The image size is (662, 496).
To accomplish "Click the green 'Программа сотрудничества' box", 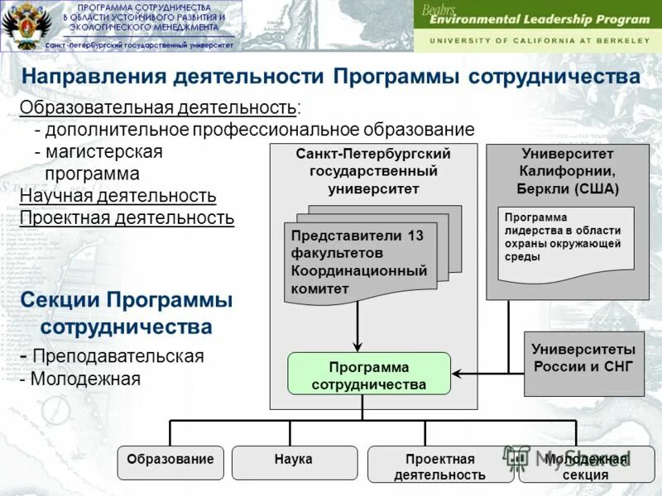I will click(369, 374).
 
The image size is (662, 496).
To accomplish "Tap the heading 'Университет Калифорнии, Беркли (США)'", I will click(568, 171).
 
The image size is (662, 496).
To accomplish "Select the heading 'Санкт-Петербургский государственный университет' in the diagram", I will click(373, 171).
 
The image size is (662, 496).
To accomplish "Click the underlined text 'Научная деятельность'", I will click(118, 196).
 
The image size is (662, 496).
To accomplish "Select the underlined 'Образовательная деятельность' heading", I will click(159, 108).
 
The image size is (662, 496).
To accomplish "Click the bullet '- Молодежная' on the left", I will click(80, 379).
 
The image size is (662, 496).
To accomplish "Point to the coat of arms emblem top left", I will click(20, 25).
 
